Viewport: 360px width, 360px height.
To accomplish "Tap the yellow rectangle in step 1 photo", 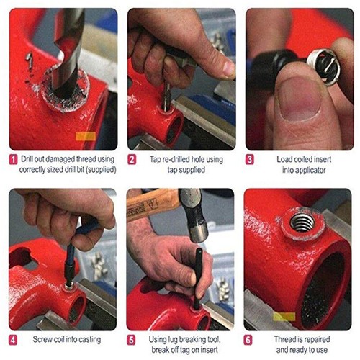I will coord(85,135).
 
